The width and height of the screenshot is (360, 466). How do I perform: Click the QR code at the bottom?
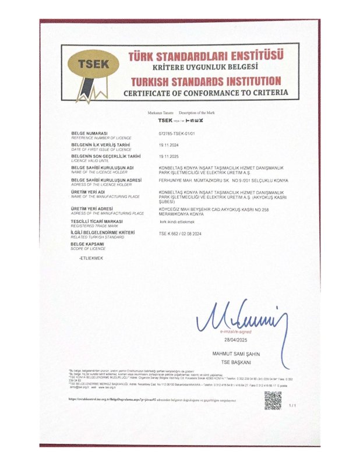coord(273,400)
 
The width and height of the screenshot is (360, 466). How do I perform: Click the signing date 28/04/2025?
coord(228,339)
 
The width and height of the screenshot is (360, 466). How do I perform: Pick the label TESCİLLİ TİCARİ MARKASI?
coord(97,220)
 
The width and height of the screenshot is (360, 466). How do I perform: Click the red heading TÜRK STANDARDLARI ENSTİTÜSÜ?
coord(206,57)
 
